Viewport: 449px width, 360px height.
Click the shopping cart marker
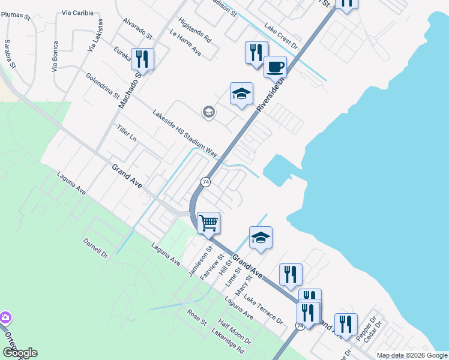(208, 223)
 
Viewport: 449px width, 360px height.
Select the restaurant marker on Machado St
(142, 59)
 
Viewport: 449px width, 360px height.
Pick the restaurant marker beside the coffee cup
(256, 52)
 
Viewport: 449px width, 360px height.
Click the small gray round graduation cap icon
(208, 112)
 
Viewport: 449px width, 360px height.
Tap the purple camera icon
(5, 317)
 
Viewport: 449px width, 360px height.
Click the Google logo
(20, 353)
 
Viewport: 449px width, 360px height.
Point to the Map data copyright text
(411, 355)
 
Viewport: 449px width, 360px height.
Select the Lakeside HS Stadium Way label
(184, 133)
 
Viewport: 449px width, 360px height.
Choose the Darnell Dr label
(95, 252)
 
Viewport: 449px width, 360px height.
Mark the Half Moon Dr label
(235, 331)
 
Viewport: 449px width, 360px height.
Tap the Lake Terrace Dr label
(263, 310)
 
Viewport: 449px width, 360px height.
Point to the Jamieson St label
(201, 257)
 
